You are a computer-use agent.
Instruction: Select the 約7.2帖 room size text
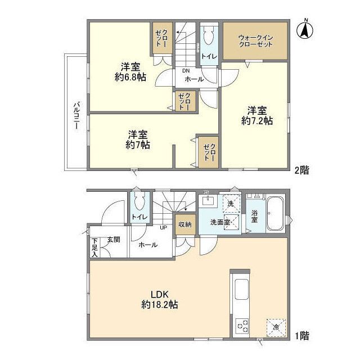click(258, 120)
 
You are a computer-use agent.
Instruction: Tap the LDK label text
click(160, 293)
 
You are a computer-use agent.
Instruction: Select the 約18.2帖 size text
click(160, 304)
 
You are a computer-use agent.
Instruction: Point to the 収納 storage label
click(185, 224)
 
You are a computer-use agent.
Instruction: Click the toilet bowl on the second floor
click(209, 38)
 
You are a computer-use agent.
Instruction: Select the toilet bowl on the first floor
click(139, 202)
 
